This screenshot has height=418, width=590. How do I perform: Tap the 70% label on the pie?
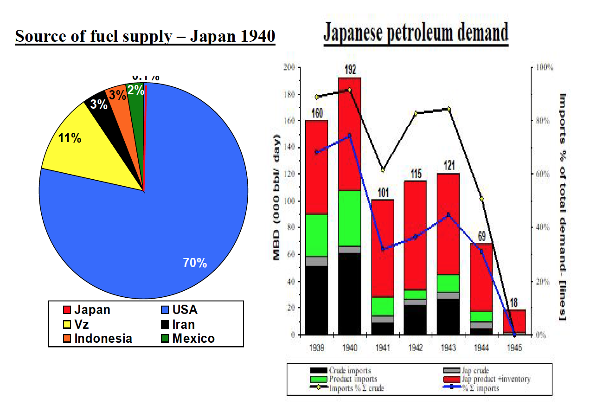(195, 263)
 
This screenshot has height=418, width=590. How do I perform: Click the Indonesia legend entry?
(98, 339)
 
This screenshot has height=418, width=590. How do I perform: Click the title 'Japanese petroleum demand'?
(416, 33)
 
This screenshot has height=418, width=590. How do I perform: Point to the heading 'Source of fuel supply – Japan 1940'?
(145, 36)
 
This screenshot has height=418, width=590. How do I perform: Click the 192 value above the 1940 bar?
(350, 70)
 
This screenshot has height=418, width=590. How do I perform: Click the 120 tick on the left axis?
(290, 174)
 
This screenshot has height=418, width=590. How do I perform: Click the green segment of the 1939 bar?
(317, 235)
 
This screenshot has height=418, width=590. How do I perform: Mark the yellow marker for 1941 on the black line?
(383, 170)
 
